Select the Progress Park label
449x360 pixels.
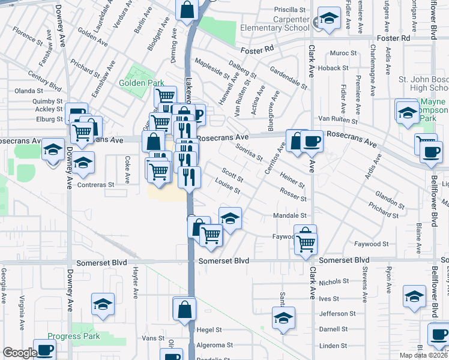pos(74,336)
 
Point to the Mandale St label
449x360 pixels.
pos(290,215)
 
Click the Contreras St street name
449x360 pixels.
pos(96,185)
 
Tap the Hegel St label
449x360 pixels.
pos(210,330)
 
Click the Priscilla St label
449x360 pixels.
pos(290,10)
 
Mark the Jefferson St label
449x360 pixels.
pos(333,313)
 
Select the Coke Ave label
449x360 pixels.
pos(127,169)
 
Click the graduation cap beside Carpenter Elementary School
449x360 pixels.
pos(328,19)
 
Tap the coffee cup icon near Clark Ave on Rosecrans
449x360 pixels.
pos(312,141)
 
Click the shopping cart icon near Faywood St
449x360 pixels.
pos(306,243)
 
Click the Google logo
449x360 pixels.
pos(19,353)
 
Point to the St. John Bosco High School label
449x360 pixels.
pos(424,85)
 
